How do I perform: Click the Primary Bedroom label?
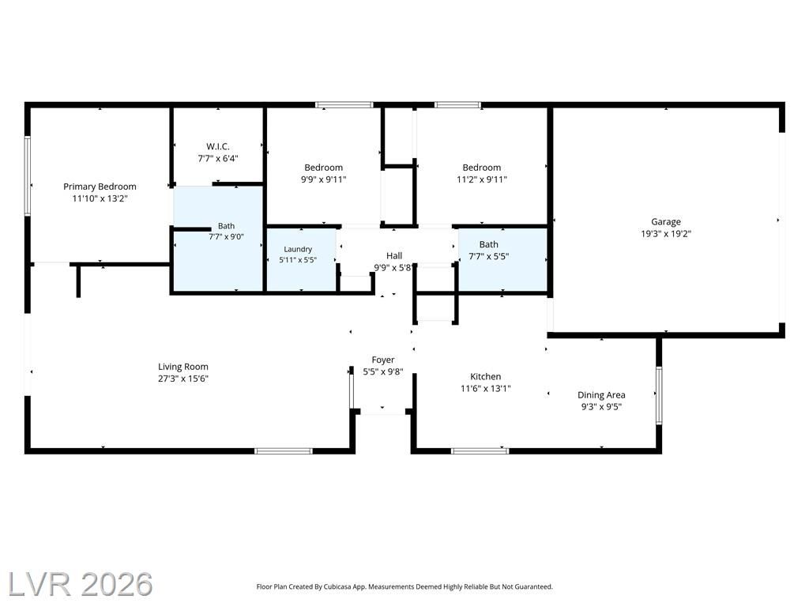pos(100,187)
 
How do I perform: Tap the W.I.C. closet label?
pos(218,146)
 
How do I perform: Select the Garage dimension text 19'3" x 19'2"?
pos(665,233)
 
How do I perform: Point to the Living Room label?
pos(183,367)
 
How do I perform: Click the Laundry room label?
pos(298,249)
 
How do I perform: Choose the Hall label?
pos(394,255)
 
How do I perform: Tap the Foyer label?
pos(383,360)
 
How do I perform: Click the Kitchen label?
pos(486,376)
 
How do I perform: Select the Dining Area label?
pos(601,395)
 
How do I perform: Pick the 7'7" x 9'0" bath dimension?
pos(226,237)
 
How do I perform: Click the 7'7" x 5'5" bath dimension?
pos(488,256)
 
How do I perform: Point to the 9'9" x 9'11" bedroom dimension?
pos(323,179)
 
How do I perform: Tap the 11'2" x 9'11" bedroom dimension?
pos(482,179)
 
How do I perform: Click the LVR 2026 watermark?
pos(81,584)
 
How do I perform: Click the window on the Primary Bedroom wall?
pos(28,175)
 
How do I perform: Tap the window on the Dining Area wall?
pos(659,395)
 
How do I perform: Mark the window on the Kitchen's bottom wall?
pos(480,451)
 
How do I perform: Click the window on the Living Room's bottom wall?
pos(284,451)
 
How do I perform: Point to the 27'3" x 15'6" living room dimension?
pos(183,379)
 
